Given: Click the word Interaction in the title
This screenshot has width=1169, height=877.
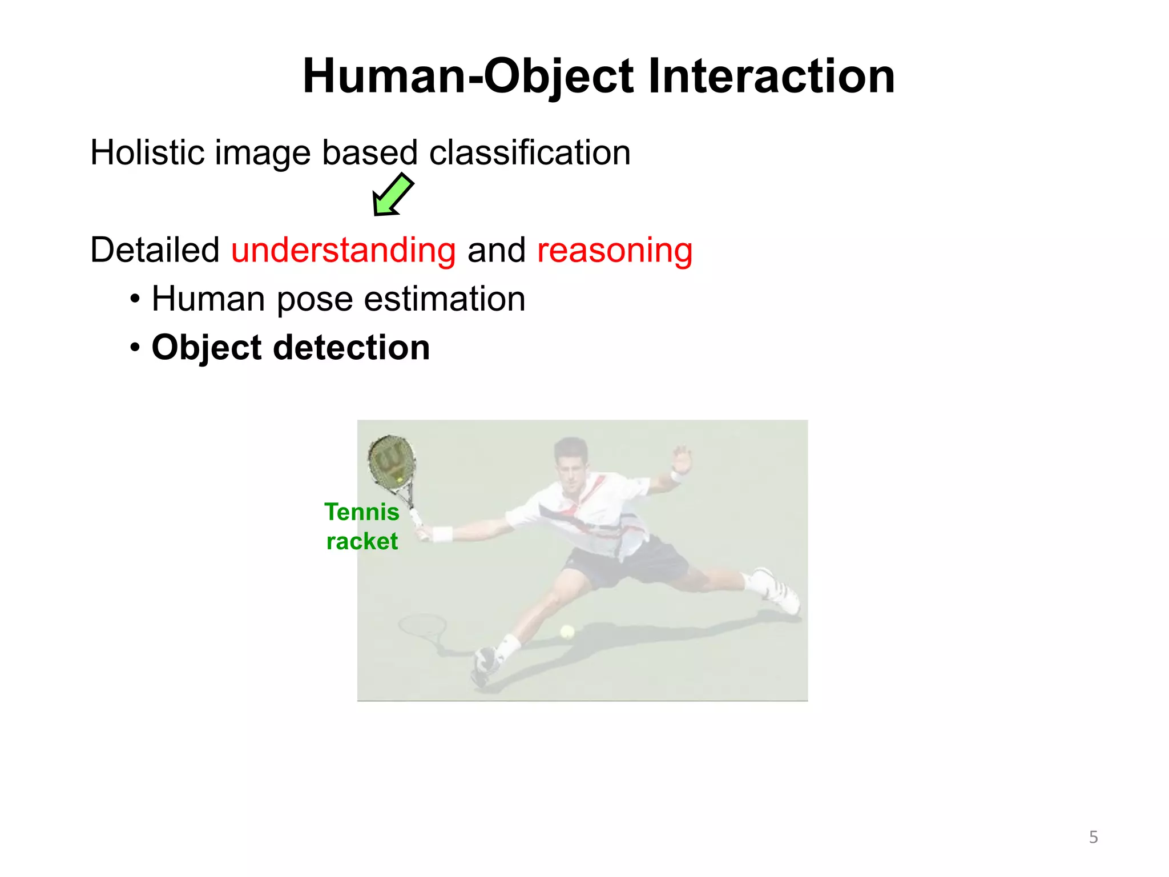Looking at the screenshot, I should point(771,76).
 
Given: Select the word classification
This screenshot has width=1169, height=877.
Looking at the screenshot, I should point(529,152).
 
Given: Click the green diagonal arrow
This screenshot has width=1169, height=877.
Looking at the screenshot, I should point(393,195).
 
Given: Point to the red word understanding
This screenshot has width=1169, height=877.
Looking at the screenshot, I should point(343,250).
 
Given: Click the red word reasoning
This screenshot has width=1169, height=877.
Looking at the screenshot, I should point(615,250).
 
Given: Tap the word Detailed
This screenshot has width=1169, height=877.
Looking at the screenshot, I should point(155,250).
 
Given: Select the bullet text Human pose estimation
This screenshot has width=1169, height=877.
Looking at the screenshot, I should point(338,299).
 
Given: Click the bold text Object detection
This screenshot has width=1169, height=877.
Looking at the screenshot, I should point(290,347).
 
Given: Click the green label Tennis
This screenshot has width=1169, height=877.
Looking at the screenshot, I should point(361,512).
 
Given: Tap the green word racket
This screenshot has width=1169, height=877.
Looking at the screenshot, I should point(361,541).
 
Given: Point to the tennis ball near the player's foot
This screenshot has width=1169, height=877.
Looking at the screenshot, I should point(567,631).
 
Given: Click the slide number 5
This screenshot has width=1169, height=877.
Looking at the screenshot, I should point(1093,837).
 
